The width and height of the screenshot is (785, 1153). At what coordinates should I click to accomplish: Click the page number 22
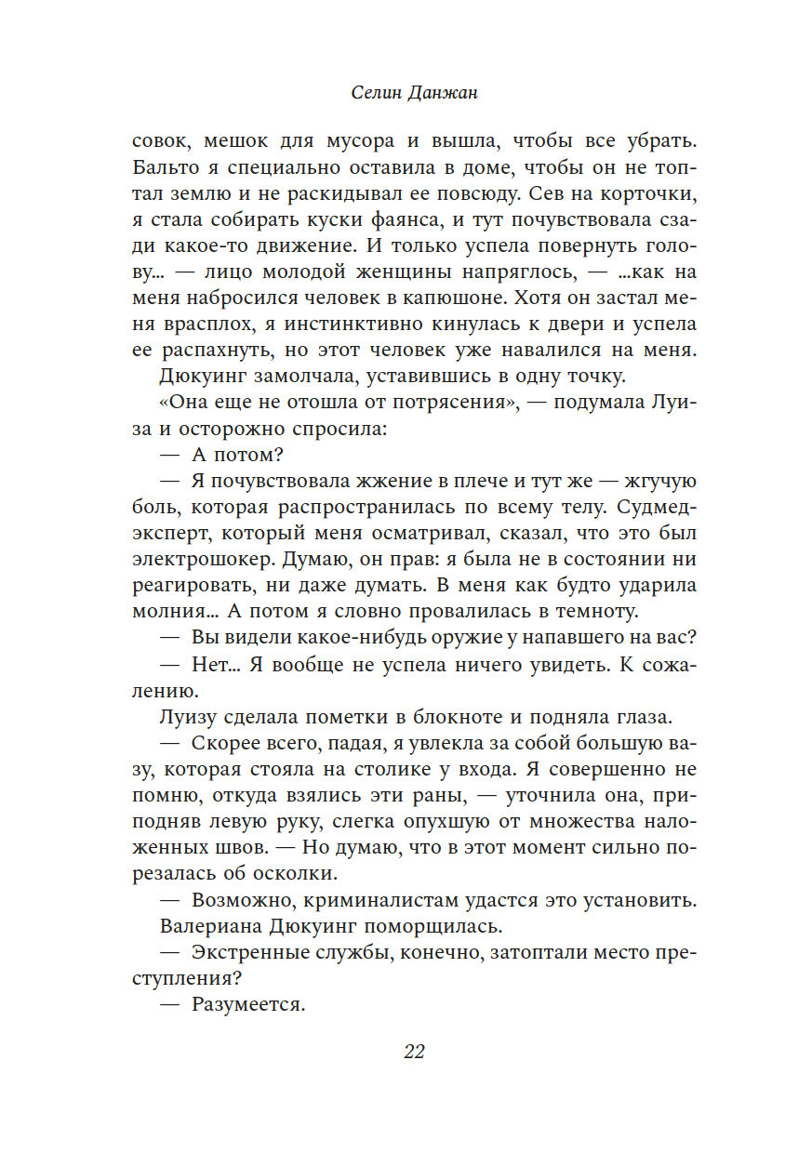[x=414, y=1052]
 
